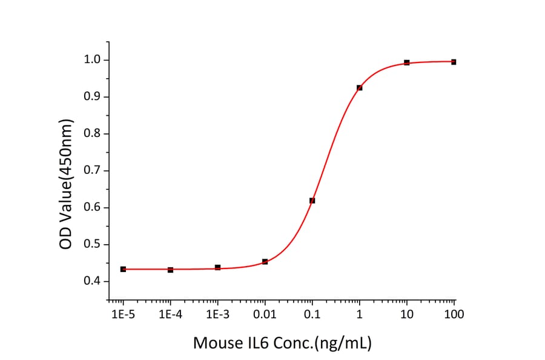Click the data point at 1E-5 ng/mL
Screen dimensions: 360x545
coord(123,269)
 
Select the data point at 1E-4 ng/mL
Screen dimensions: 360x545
coord(170,270)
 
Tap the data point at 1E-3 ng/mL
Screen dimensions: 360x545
coord(217,267)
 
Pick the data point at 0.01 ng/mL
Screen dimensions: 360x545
coord(265,262)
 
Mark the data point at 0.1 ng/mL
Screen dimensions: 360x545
coord(312,201)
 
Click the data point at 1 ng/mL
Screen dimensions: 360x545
coord(359,88)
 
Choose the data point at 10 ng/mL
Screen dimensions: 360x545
coord(406,62)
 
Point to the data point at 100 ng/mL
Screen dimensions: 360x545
coord(454,62)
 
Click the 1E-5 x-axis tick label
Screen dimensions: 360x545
coord(123,314)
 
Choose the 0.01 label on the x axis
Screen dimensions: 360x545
coord(265,314)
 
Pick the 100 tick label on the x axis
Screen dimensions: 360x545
coord(454,314)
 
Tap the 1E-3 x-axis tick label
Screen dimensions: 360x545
coord(217,314)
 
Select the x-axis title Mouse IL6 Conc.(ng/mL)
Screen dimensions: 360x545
coord(282,343)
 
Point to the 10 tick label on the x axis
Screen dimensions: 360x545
coord(406,314)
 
